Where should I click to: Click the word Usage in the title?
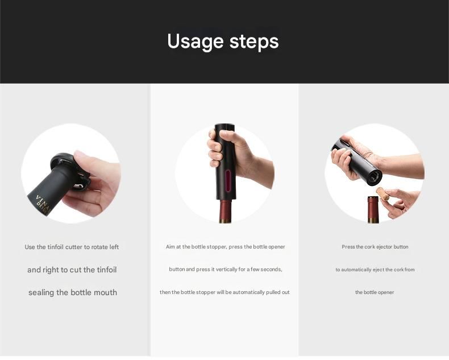point(195,42)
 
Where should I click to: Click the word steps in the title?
point(254,42)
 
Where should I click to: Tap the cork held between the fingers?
point(383,193)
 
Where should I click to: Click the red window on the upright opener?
point(228,181)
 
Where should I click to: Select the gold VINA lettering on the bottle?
point(43,202)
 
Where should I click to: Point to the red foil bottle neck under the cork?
point(373,209)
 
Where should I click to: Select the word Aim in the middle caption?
point(171,247)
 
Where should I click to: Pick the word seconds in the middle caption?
point(272,270)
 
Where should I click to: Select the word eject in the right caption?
point(379,270)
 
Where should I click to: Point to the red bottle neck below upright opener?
point(226,212)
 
